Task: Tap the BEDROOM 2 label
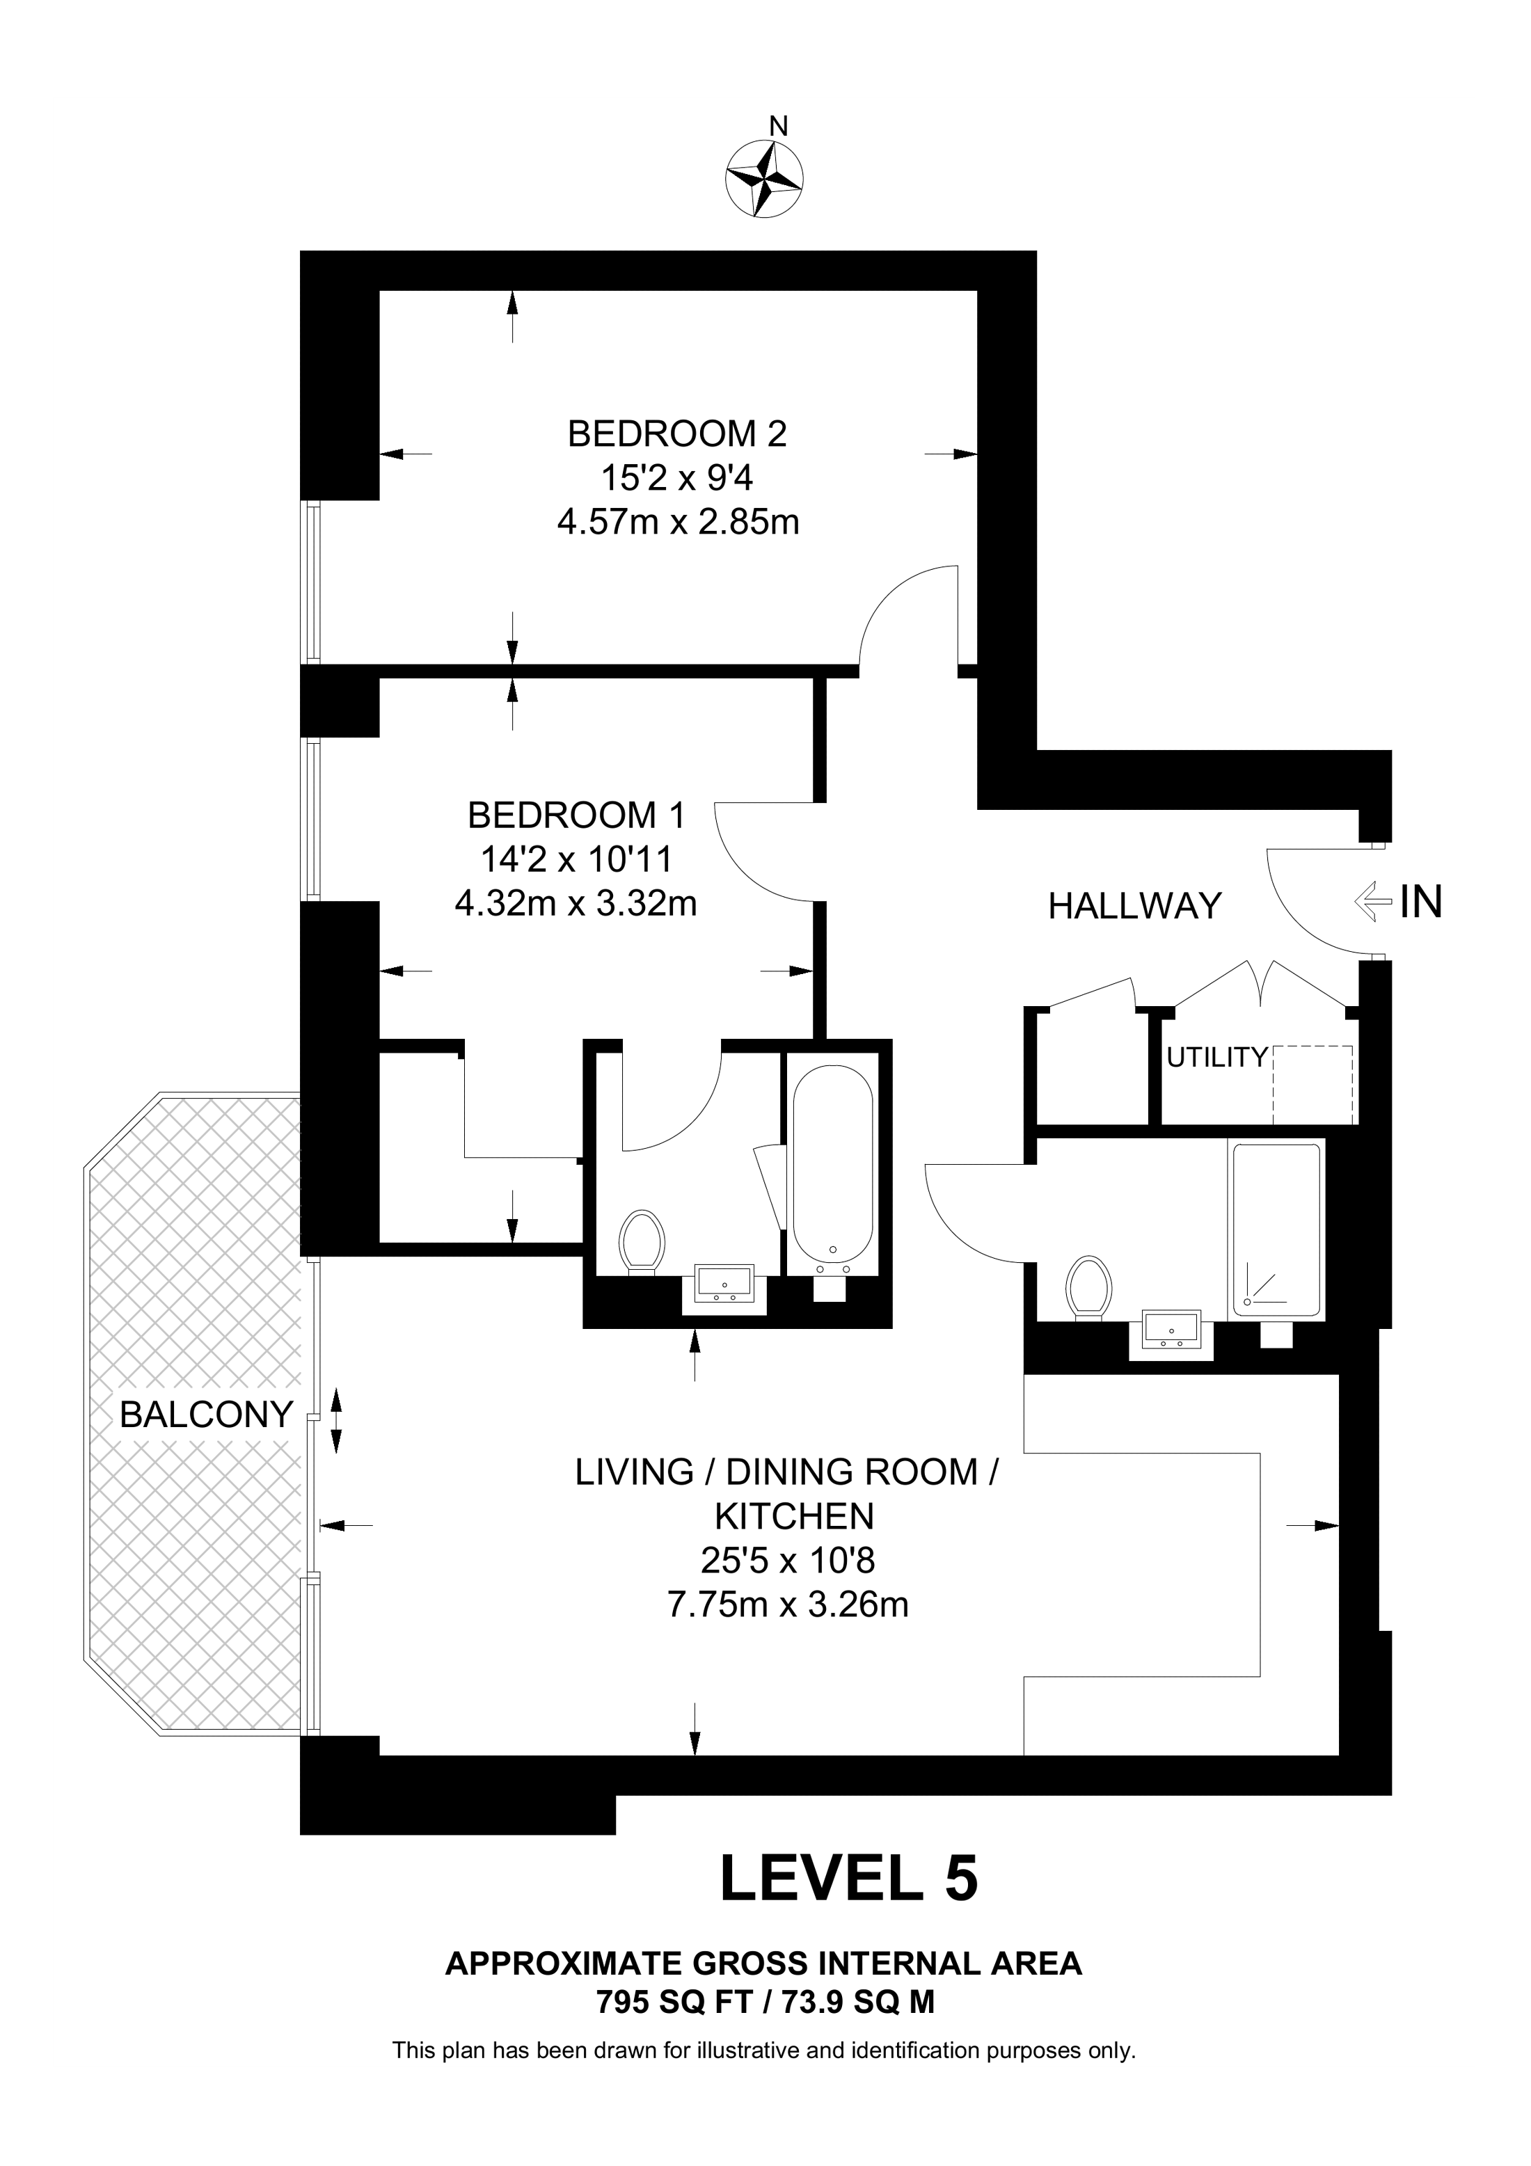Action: (677, 434)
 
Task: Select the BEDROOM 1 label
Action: (576, 814)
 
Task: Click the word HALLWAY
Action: (1135, 907)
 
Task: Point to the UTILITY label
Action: (1216, 1058)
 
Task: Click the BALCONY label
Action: (207, 1414)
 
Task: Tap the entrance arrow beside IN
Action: (1372, 902)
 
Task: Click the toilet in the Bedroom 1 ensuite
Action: (642, 1241)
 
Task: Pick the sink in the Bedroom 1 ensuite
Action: (724, 1283)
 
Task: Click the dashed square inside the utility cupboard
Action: (1312, 1085)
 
